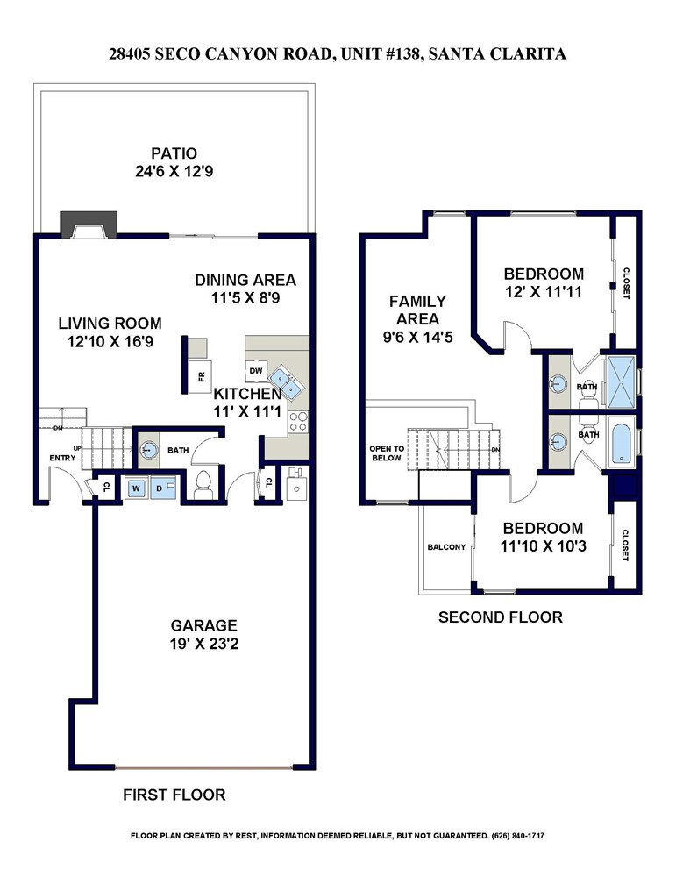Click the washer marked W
coord(137,488)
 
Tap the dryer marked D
coord(162,488)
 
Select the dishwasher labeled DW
coord(256,370)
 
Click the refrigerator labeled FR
coord(201,376)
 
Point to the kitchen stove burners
coord(298,422)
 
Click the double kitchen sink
coord(286,381)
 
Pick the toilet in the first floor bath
coord(203,485)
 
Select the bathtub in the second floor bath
coord(621,443)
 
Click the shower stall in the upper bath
coord(619,381)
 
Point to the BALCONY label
coord(446,547)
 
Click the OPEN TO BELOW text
coord(387,453)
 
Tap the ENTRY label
coord(62,458)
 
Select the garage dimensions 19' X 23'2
coord(204,644)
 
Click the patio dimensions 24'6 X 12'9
coord(174,171)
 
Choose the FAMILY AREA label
coord(417,310)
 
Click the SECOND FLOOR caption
coord(501,617)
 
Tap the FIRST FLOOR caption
coord(174,795)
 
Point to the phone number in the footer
coord(518,836)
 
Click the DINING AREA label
coord(245,280)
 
